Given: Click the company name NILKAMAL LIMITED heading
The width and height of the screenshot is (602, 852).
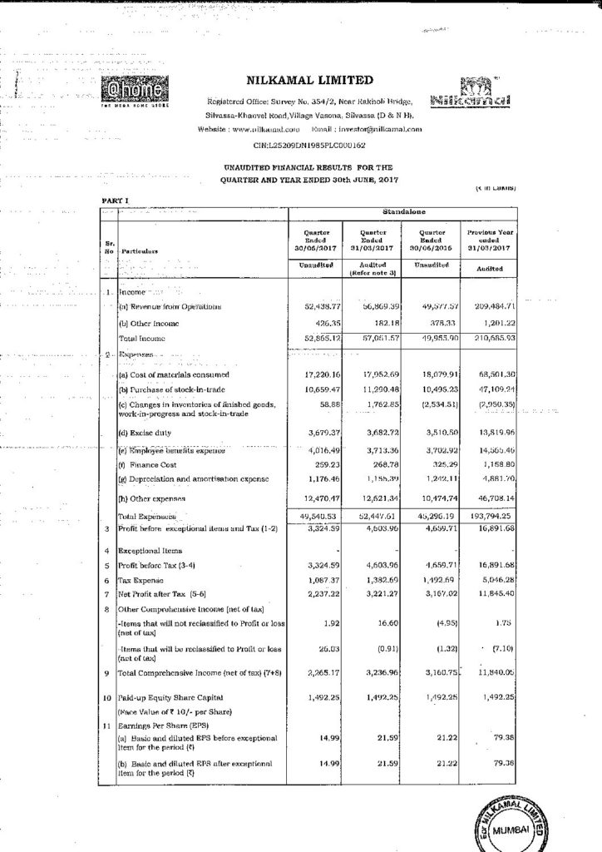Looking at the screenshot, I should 306,81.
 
